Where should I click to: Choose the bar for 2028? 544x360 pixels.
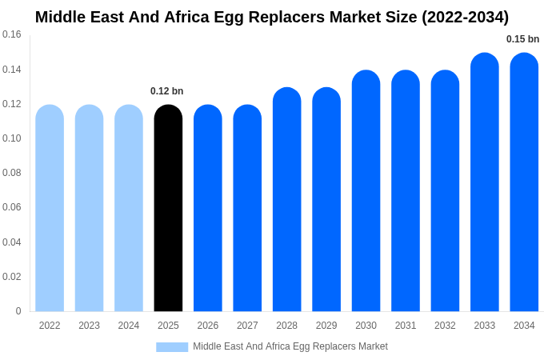coord(286,199)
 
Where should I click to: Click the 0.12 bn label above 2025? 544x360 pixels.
coord(167,91)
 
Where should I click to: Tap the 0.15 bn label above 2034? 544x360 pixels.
coord(522,39)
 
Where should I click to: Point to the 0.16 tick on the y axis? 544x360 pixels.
coord(12,34)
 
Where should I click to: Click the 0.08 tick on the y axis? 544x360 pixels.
coord(12,173)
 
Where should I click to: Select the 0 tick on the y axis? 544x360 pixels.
coord(18,311)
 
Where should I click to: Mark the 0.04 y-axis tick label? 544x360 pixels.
coord(12,242)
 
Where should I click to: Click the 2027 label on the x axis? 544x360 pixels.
coord(247,326)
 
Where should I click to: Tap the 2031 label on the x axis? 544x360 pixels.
coord(406,326)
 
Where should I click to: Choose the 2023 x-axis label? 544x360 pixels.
coord(89,326)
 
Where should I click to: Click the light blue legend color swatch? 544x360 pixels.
coord(172,347)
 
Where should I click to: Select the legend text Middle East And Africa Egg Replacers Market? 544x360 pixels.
coord(290,346)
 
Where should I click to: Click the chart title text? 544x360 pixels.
coord(272,17)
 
